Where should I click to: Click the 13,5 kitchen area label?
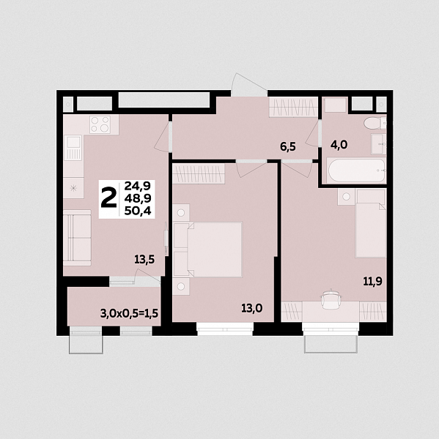point(144,260)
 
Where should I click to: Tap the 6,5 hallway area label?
point(288,147)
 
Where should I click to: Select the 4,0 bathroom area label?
point(339,145)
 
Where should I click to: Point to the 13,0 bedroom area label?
point(252,309)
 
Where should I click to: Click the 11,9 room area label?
point(372,282)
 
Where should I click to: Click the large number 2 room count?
point(108,198)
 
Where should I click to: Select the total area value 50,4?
point(138,211)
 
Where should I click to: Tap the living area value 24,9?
point(138,186)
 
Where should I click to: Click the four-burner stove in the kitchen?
point(100,124)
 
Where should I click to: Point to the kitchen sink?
point(73,148)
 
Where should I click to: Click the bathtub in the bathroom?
point(356,170)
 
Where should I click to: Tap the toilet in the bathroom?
point(375,123)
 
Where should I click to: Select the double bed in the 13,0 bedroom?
point(208,249)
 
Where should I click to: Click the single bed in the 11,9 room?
point(371,223)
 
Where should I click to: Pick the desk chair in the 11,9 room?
point(331,299)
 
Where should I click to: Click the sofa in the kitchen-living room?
point(77,238)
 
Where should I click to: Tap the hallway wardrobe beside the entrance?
point(293,107)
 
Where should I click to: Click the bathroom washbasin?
point(379,144)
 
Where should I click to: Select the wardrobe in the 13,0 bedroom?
point(199,174)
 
